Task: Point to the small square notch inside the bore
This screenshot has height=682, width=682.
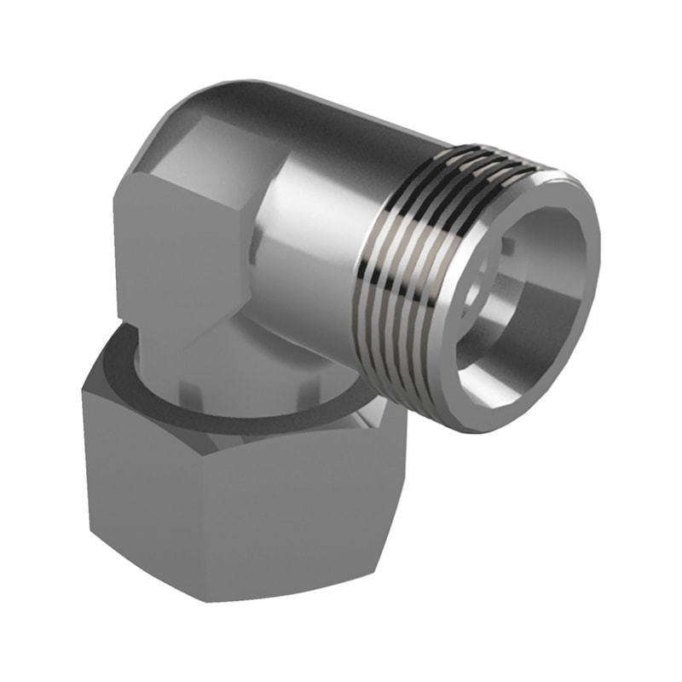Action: [508, 247]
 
